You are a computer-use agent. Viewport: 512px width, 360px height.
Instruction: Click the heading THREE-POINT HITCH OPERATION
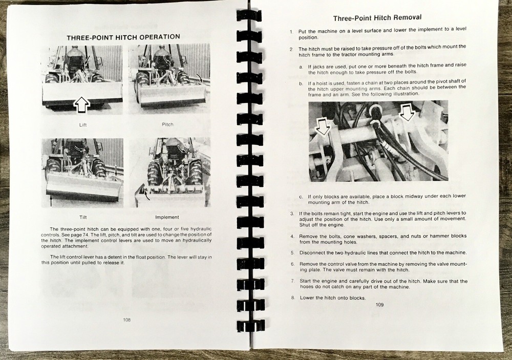point(123,37)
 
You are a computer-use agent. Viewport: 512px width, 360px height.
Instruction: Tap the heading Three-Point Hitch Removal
point(377,18)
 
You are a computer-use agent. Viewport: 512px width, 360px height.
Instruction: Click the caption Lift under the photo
point(83,124)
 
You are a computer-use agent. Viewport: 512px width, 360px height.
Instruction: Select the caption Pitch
point(167,124)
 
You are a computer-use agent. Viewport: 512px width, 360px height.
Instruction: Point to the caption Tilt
point(83,217)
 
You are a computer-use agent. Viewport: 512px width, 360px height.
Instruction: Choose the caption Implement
point(167,217)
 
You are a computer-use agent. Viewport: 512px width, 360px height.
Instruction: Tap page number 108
point(127,320)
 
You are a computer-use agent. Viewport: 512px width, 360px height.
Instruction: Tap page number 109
point(379,305)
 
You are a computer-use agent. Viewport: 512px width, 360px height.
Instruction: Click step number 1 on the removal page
point(291,32)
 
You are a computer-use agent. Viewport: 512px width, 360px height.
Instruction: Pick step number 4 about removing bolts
point(291,236)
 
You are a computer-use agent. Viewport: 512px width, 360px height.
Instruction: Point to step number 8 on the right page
point(292,298)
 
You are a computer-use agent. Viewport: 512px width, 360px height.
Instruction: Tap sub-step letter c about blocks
point(301,196)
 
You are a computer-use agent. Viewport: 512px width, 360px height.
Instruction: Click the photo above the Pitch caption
point(167,80)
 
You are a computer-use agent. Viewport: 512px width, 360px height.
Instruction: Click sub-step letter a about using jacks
point(301,66)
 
